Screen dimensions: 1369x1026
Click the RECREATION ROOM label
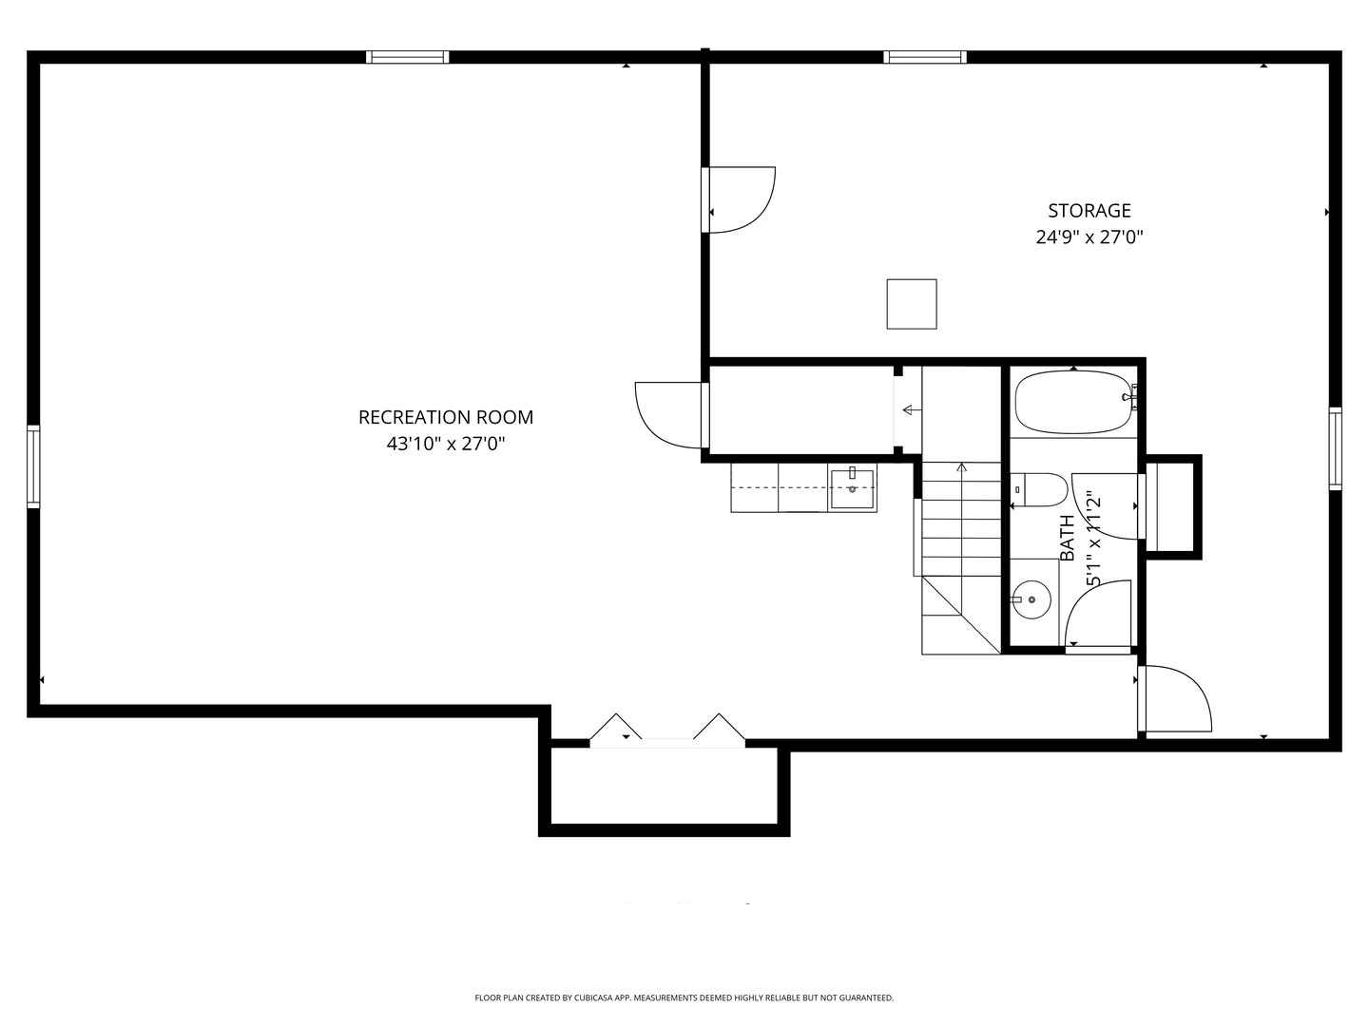pyautogui.click(x=445, y=417)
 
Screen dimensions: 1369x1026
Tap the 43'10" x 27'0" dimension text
pyautogui.click(x=445, y=444)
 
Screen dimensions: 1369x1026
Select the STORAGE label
pyautogui.click(x=1089, y=211)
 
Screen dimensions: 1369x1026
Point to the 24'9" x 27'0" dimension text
pyautogui.click(x=1089, y=237)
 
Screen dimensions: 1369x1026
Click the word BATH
pyautogui.click(x=1067, y=538)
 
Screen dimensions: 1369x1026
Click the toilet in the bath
pyautogui.click(x=1038, y=489)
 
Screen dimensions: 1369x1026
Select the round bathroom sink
pyautogui.click(x=1031, y=599)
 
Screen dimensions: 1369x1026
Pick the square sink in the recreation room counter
pyautogui.click(x=851, y=489)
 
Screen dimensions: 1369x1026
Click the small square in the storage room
pyautogui.click(x=911, y=304)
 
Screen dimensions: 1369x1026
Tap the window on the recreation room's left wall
pyautogui.click(x=33, y=465)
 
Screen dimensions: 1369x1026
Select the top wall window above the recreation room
pyautogui.click(x=407, y=57)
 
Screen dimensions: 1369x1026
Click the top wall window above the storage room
pyautogui.click(x=925, y=57)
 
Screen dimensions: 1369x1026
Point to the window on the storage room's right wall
pyautogui.click(x=1335, y=448)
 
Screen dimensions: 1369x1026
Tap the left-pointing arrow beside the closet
pyautogui.click(x=913, y=409)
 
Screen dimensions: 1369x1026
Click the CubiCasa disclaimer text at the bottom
pyautogui.click(x=684, y=997)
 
